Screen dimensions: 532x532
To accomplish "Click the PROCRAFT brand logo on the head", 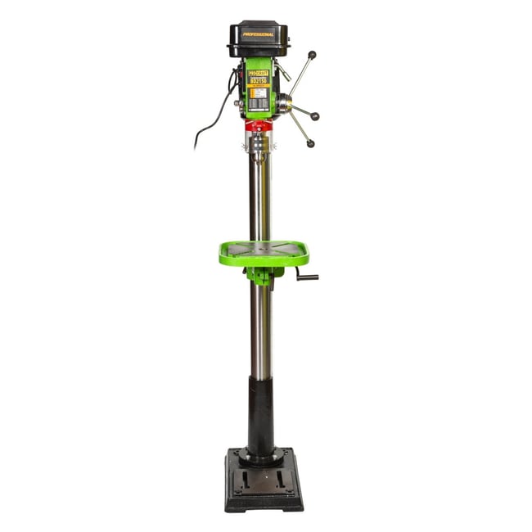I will (259, 72).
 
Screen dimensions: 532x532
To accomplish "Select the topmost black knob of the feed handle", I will (312, 55).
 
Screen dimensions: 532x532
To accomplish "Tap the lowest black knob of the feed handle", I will (310, 144).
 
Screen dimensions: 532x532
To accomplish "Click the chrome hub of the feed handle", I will (283, 104).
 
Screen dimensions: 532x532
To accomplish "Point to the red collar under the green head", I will (258, 126).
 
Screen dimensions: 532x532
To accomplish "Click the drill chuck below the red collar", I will (258, 147).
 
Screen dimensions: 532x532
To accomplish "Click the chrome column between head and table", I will (259, 196).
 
